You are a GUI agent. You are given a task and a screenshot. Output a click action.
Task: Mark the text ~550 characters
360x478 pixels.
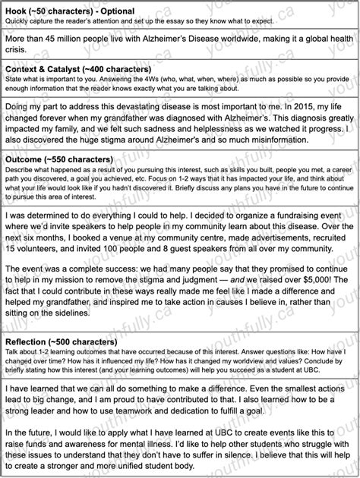[x=81, y=159]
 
